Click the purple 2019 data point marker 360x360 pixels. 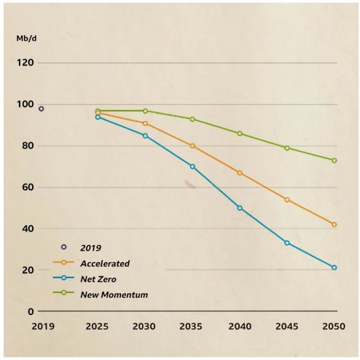click(x=41, y=109)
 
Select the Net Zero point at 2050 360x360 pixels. click(x=334, y=267)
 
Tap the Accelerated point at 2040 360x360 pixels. click(x=240, y=173)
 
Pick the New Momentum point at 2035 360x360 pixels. click(x=193, y=119)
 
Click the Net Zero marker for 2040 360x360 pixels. click(x=240, y=208)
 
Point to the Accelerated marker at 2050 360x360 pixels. click(x=334, y=224)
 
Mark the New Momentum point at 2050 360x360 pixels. click(x=334, y=160)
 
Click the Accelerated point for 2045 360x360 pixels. click(x=287, y=200)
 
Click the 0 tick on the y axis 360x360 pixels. click(x=31, y=311)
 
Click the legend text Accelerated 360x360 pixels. click(x=104, y=263)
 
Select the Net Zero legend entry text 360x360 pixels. click(x=98, y=279)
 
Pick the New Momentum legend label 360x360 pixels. click(x=114, y=295)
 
